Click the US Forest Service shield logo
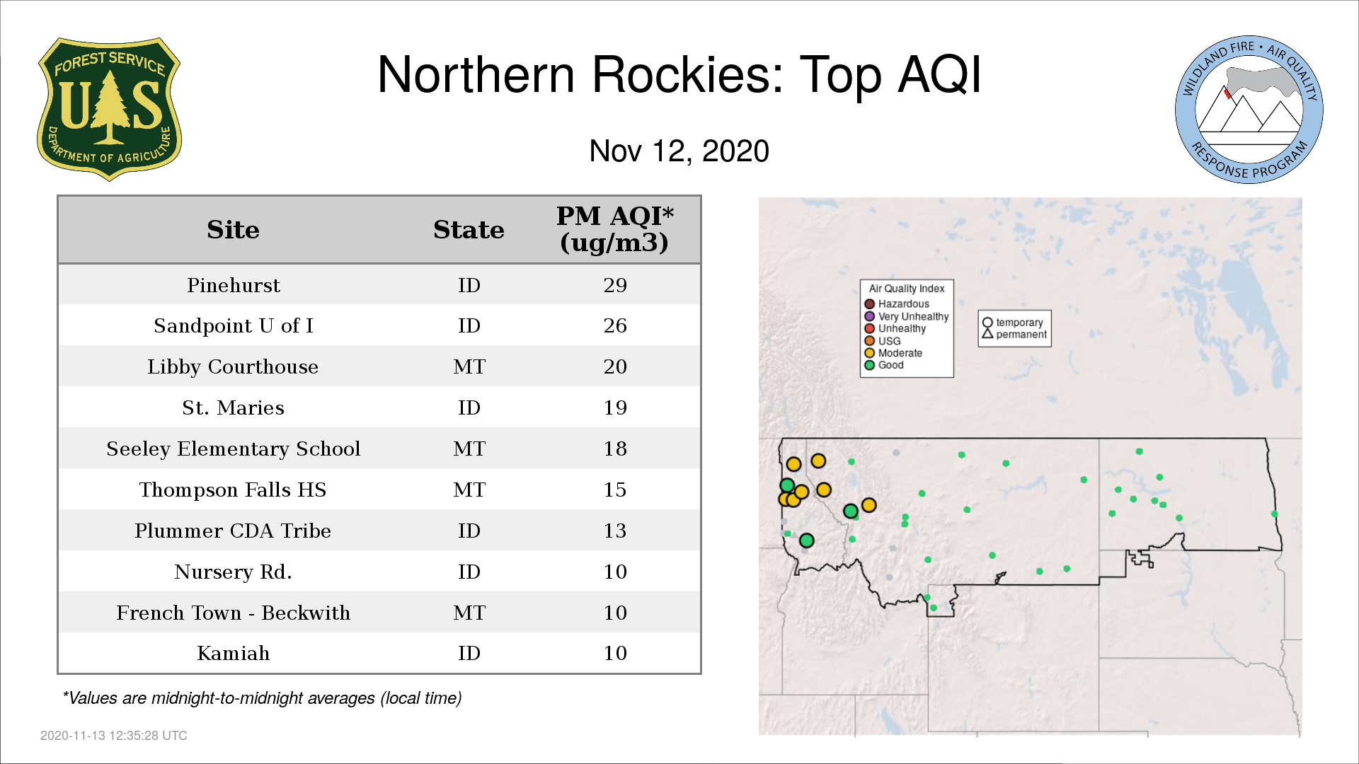point(109,109)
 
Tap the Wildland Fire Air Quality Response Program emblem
point(1249,110)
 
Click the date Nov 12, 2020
point(679,151)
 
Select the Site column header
point(233,230)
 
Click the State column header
point(469,230)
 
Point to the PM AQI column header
point(614,229)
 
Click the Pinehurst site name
point(233,285)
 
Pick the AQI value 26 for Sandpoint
point(615,325)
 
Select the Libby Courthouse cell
point(233,366)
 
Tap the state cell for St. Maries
point(469,407)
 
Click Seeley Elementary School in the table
point(233,448)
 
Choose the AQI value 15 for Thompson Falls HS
point(615,490)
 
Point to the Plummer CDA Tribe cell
point(233,531)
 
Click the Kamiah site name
point(233,653)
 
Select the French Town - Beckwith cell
point(233,613)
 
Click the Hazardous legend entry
point(897,304)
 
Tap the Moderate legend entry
point(893,353)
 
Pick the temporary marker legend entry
point(1013,323)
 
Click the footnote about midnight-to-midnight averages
point(262,698)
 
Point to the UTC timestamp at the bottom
point(114,736)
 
